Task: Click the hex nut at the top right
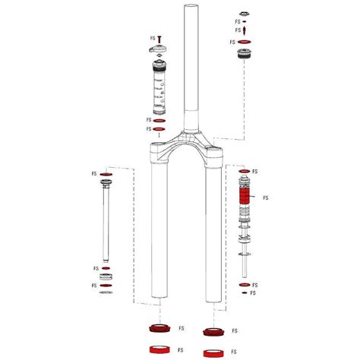(243, 14)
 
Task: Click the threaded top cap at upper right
(243, 56)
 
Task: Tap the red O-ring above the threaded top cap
(243, 42)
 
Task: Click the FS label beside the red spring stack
(266, 198)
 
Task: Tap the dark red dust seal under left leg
(159, 330)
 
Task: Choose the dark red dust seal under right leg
(213, 331)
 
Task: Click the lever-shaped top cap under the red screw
(160, 52)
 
